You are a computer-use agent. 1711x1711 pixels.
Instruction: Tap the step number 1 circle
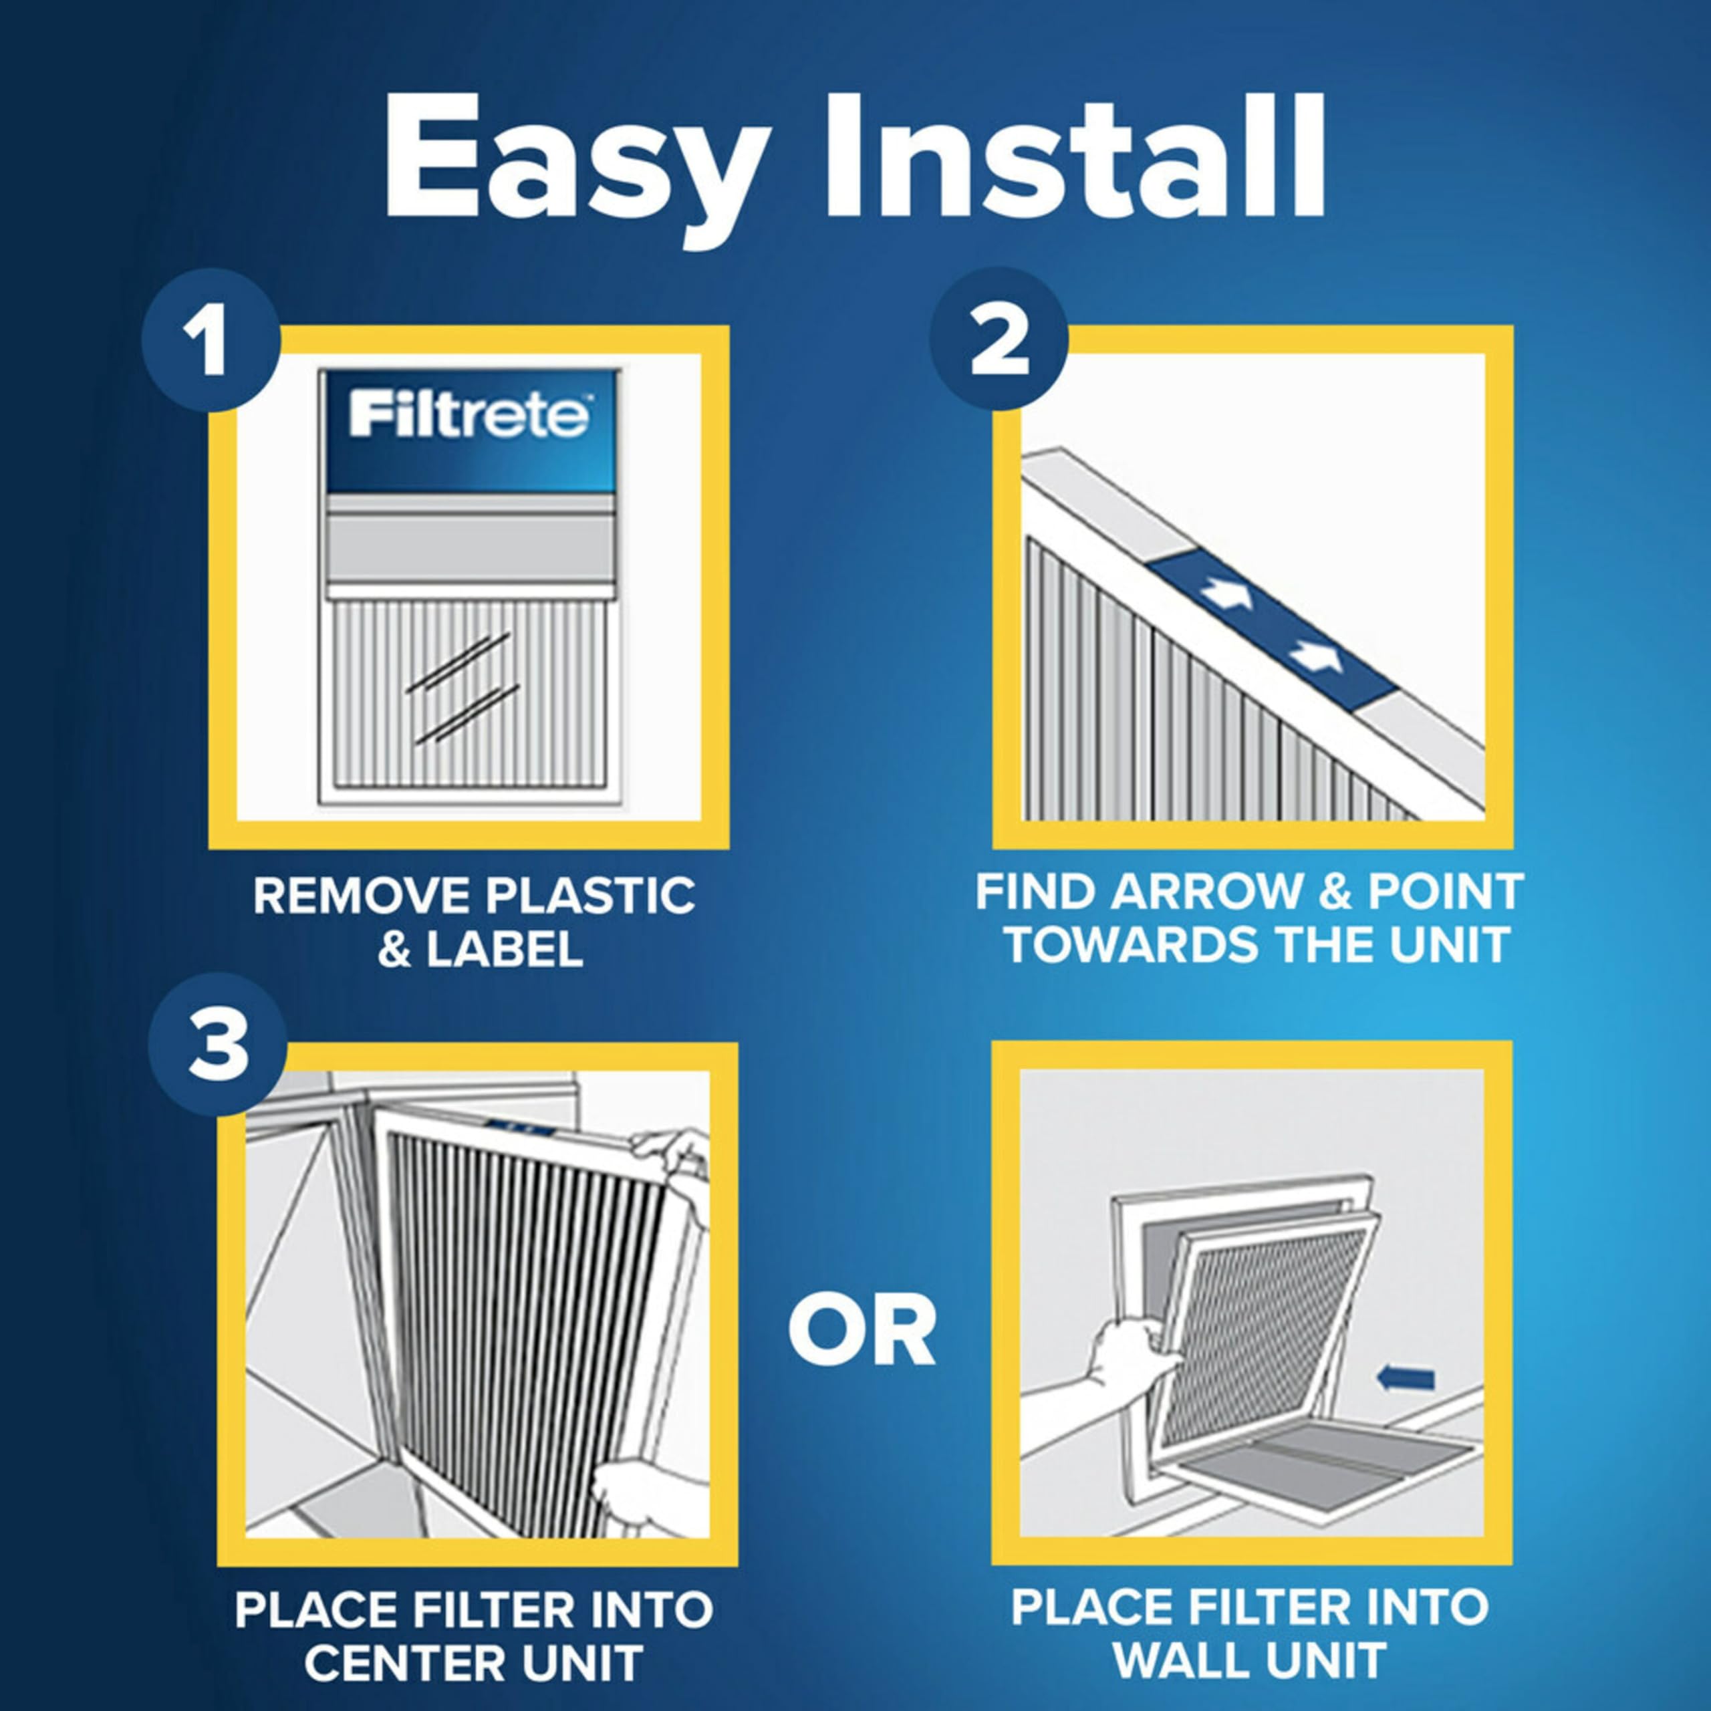(x=211, y=344)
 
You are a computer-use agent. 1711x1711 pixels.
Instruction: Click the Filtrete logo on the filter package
(x=469, y=415)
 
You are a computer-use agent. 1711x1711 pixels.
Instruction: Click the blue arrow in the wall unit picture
(x=1406, y=1378)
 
